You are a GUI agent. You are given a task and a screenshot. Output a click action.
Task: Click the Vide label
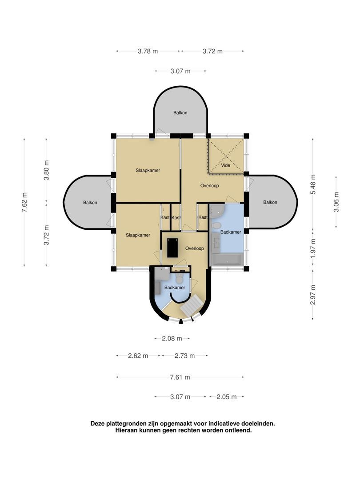[x=226, y=165]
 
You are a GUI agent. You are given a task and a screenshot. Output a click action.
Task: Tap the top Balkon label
[x=180, y=112]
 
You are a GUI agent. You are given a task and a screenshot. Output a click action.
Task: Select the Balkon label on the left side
[x=90, y=202]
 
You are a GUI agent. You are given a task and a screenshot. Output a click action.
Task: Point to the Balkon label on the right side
[x=270, y=202]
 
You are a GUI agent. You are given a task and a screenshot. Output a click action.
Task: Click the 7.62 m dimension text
[x=24, y=202]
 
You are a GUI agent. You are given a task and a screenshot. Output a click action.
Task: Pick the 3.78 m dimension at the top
[x=148, y=51]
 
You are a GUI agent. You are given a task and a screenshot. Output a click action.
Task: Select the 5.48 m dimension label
[x=313, y=184]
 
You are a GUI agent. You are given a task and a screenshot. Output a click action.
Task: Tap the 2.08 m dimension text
[x=172, y=338]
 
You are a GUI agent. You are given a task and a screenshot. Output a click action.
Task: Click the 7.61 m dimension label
[x=180, y=377]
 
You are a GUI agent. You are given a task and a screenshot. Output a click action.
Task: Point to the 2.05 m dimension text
[x=227, y=397]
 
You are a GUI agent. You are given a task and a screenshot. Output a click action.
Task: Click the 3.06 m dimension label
[x=336, y=202]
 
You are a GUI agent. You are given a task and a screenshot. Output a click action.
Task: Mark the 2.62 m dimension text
[x=138, y=356]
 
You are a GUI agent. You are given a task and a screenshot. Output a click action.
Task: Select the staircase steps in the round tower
[x=192, y=305]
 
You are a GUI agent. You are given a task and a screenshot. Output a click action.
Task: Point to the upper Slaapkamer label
[x=148, y=171]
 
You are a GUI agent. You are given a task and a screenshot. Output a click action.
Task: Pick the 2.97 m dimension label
[x=313, y=295]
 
